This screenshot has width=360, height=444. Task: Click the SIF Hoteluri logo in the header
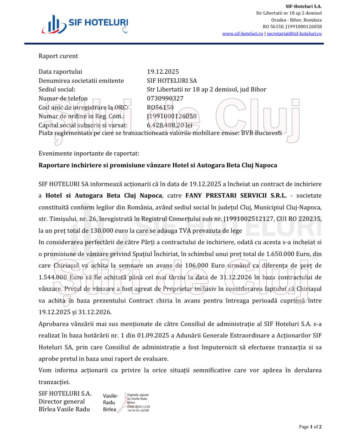pos(85,25)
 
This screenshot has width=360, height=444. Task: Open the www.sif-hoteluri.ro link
pos(243,34)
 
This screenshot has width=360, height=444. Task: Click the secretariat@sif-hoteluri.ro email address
pos(294,34)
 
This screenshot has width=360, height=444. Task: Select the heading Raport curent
pos(59,56)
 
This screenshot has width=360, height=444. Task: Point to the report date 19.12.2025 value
pos(163,72)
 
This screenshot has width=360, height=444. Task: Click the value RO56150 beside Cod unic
pos(160,108)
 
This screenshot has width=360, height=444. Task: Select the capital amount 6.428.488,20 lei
pos(170,126)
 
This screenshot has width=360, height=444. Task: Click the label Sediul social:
pos(57,90)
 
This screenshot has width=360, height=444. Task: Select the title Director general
pos(61,402)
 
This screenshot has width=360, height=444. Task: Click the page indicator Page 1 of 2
pos(310,427)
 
